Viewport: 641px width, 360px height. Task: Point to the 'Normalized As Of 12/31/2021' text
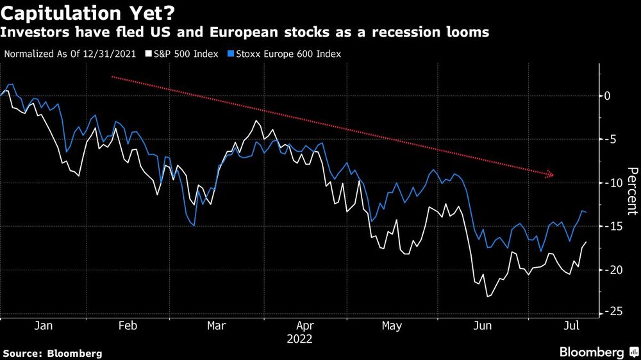pyautogui.click(x=70, y=54)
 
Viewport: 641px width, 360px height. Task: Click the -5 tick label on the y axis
pyautogui.click(x=609, y=140)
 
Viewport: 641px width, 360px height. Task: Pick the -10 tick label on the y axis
pyautogui.click(x=611, y=183)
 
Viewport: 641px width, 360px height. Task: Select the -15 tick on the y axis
pyautogui.click(x=611, y=227)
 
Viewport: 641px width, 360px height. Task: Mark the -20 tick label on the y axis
pyautogui.click(x=611, y=270)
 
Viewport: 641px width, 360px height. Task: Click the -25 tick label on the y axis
pyautogui.click(x=611, y=312)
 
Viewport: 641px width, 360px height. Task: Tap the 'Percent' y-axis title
pyautogui.click(x=632, y=190)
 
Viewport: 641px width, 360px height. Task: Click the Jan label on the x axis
pyautogui.click(x=43, y=326)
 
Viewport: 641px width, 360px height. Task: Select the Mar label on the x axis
pyautogui.click(x=216, y=326)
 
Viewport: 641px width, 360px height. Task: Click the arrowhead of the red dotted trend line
pyautogui.click(x=550, y=174)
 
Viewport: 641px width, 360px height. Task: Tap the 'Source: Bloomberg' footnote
pyautogui.click(x=52, y=353)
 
